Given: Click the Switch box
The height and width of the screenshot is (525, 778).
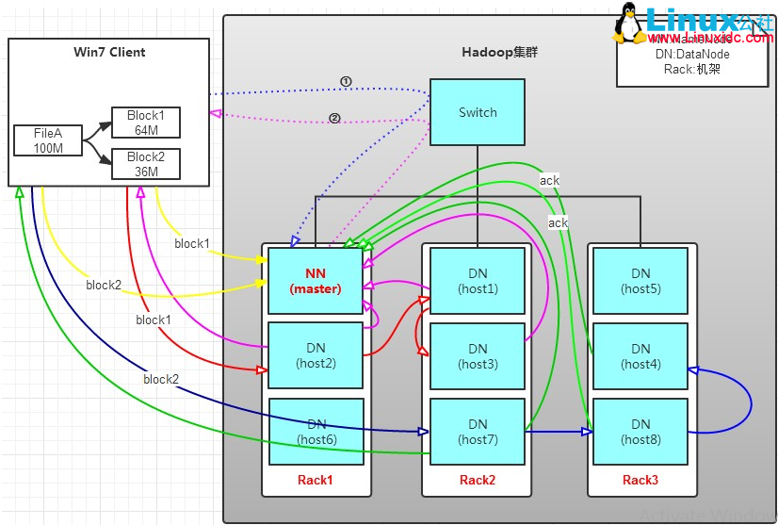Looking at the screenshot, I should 478,112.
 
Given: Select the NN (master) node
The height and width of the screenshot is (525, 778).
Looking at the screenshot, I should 316,281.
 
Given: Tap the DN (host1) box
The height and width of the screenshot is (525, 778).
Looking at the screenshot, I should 478,281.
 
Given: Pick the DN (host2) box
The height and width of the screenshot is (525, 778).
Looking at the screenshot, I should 316,355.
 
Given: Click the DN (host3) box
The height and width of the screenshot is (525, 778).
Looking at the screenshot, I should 478,356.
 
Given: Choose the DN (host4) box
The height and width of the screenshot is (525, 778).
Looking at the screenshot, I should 640,356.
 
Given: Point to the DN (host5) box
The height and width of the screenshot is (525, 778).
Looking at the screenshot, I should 640,281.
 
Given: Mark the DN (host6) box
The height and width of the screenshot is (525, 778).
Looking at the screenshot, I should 316,432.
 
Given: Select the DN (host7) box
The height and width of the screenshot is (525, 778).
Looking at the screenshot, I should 478,432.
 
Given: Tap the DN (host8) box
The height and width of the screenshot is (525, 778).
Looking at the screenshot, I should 640,432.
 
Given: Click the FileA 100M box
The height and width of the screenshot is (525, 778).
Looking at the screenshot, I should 47,140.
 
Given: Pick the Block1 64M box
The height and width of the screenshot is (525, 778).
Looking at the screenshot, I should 145,123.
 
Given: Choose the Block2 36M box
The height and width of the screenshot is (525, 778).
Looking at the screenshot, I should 145,164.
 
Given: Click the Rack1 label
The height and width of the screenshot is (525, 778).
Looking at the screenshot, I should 316,480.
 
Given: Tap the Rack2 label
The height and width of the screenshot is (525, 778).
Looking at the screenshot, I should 478,480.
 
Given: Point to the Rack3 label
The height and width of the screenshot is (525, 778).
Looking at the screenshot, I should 640,480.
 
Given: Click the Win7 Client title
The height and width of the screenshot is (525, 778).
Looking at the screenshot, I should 108,51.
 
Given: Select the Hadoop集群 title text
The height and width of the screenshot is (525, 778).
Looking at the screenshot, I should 499,52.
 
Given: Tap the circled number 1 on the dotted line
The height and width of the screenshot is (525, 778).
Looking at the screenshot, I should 346,82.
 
